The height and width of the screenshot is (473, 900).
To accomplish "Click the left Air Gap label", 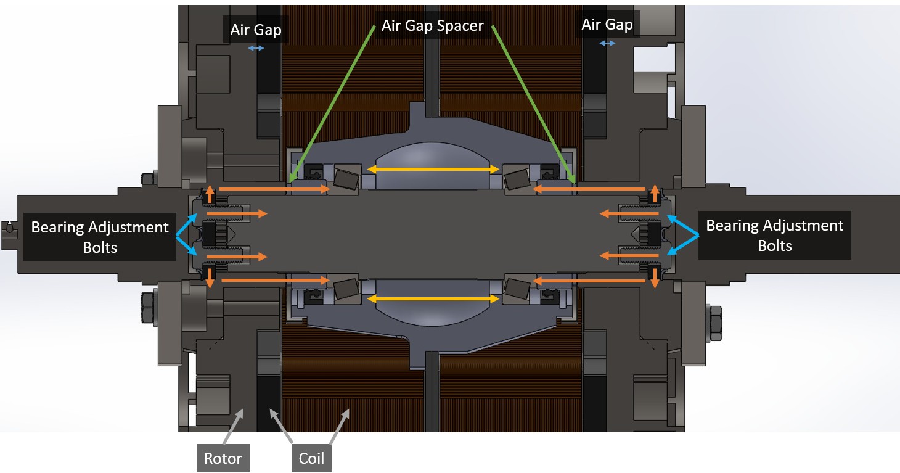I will pyautogui.click(x=256, y=30).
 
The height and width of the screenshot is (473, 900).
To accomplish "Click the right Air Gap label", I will pyautogui.click(x=607, y=25).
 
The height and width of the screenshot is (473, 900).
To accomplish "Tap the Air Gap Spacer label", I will pyautogui.click(x=433, y=26).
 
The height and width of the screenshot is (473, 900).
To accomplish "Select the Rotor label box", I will pyautogui.click(x=223, y=458).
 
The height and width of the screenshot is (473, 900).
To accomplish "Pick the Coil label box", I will pyautogui.click(x=311, y=458).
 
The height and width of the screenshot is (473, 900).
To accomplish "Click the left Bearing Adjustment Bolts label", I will pyautogui.click(x=100, y=237).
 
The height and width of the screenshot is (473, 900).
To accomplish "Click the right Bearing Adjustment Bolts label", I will pyautogui.click(x=774, y=236).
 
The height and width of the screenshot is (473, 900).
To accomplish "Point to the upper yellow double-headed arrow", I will pyautogui.click(x=433, y=168).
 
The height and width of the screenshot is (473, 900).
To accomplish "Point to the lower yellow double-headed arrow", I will pyautogui.click(x=433, y=298).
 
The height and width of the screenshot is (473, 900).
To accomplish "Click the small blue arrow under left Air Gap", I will pyautogui.click(x=256, y=48).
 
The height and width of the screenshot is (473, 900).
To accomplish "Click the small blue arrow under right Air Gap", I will pyautogui.click(x=607, y=43).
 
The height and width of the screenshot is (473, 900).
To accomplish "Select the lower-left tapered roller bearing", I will pyautogui.click(x=346, y=289).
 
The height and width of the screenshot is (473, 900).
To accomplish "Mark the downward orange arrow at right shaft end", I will pyautogui.click(x=655, y=278).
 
